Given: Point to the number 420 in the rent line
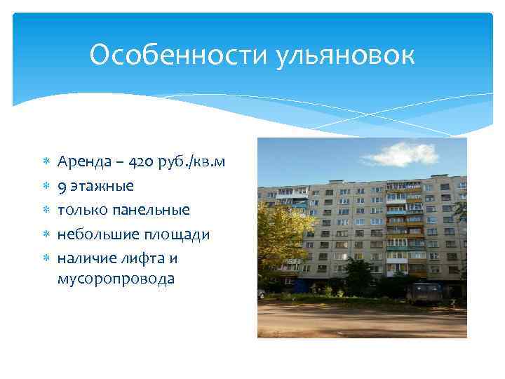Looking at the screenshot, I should click(x=143, y=163).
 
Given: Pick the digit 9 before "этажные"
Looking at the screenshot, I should click(x=62, y=187).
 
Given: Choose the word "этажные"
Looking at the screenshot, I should click(x=102, y=187).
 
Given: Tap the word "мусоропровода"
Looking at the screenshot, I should click(x=116, y=279).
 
